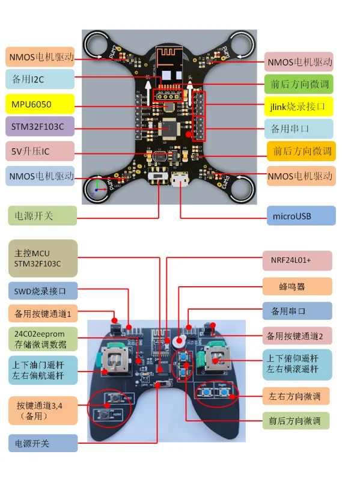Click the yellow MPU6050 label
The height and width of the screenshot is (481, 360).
point(40,105)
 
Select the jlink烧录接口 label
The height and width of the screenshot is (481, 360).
point(299,107)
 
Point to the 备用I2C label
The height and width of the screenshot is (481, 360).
point(40,79)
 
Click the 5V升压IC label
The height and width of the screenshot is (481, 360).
point(40,151)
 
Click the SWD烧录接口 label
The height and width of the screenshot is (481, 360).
point(43,292)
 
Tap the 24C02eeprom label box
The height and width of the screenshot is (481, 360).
point(43,339)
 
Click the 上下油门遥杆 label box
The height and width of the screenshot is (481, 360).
point(43,370)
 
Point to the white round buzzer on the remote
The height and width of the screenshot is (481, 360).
point(178,342)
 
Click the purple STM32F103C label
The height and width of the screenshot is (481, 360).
point(40,127)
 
